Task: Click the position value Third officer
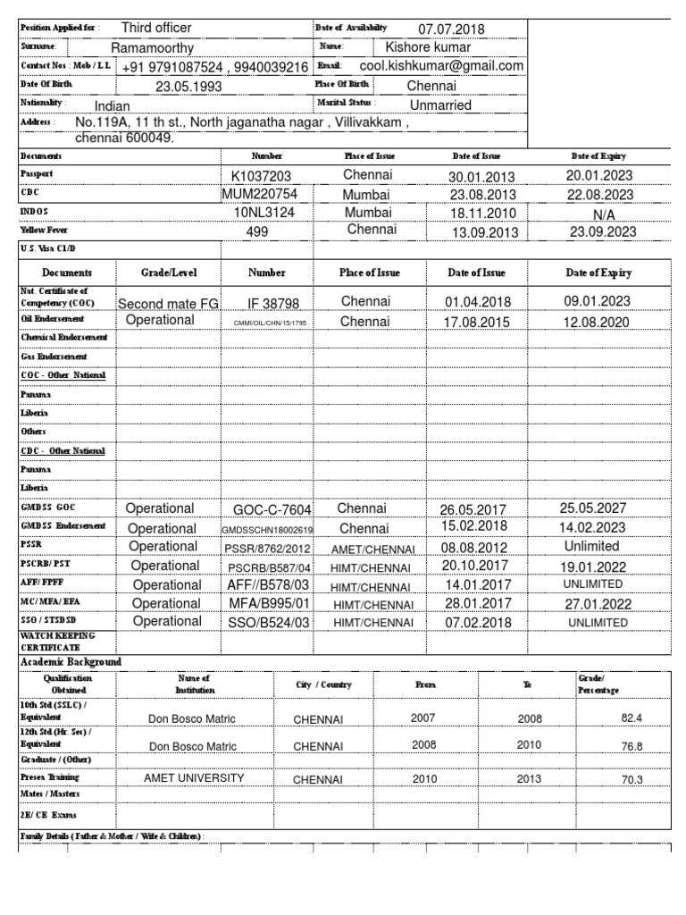156,29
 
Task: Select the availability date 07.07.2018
451,29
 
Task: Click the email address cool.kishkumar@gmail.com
441,66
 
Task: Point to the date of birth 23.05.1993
188,87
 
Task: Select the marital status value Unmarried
440,105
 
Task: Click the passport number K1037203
261,176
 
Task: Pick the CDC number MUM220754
260,194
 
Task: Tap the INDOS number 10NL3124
264,213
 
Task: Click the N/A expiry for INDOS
604,215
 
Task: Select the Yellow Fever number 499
257,231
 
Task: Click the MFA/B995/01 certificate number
268,604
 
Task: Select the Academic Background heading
71,661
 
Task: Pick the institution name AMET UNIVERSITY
194,778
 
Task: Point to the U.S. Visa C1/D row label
49,248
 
